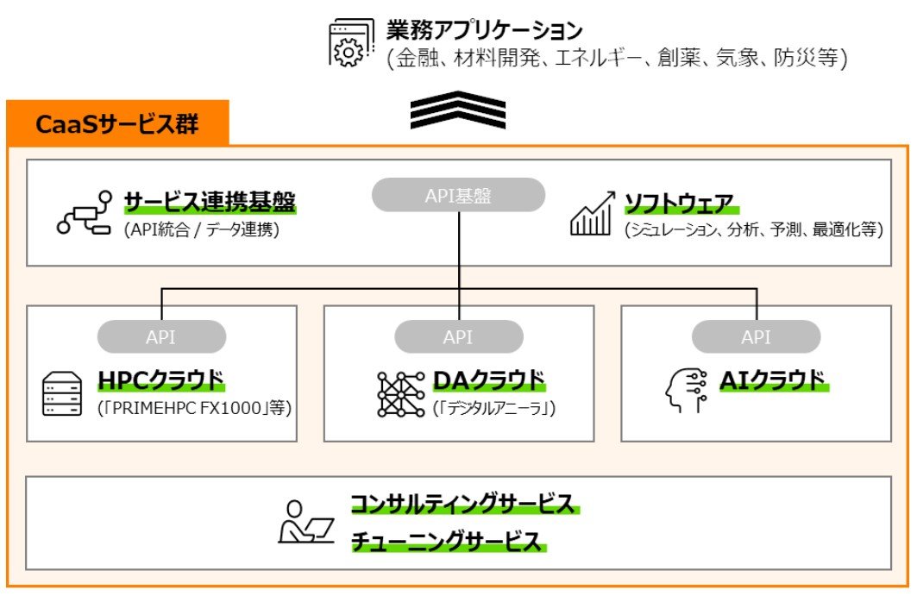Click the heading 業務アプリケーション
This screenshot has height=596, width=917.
(x=484, y=31)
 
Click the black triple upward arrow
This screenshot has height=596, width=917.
(x=458, y=110)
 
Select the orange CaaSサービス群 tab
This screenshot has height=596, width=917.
(x=117, y=124)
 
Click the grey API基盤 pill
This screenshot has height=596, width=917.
(x=458, y=196)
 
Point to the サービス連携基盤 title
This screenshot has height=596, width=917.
(x=210, y=203)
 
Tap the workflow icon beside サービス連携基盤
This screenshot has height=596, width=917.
(x=85, y=213)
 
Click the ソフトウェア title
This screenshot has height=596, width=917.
(x=679, y=203)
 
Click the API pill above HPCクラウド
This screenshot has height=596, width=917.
(x=161, y=337)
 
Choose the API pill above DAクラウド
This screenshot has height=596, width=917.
(x=458, y=337)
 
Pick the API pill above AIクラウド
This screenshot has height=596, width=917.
(x=756, y=337)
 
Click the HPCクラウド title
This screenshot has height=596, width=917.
(x=160, y=380)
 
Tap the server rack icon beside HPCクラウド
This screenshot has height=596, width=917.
(x=61, y=393)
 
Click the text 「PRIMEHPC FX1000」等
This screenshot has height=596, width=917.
(x=195, y=406)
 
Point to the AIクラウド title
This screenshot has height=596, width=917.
(x=763, y=380)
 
